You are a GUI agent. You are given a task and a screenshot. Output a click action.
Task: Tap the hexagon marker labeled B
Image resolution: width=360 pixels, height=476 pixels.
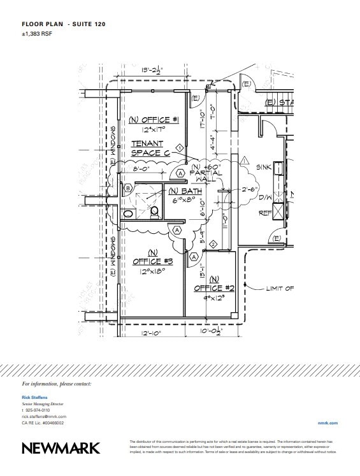129,188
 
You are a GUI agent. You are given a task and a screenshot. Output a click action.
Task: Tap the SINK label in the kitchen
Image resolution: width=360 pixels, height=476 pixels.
264,167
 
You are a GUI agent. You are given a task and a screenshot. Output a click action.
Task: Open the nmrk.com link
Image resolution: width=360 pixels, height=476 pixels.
327,422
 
